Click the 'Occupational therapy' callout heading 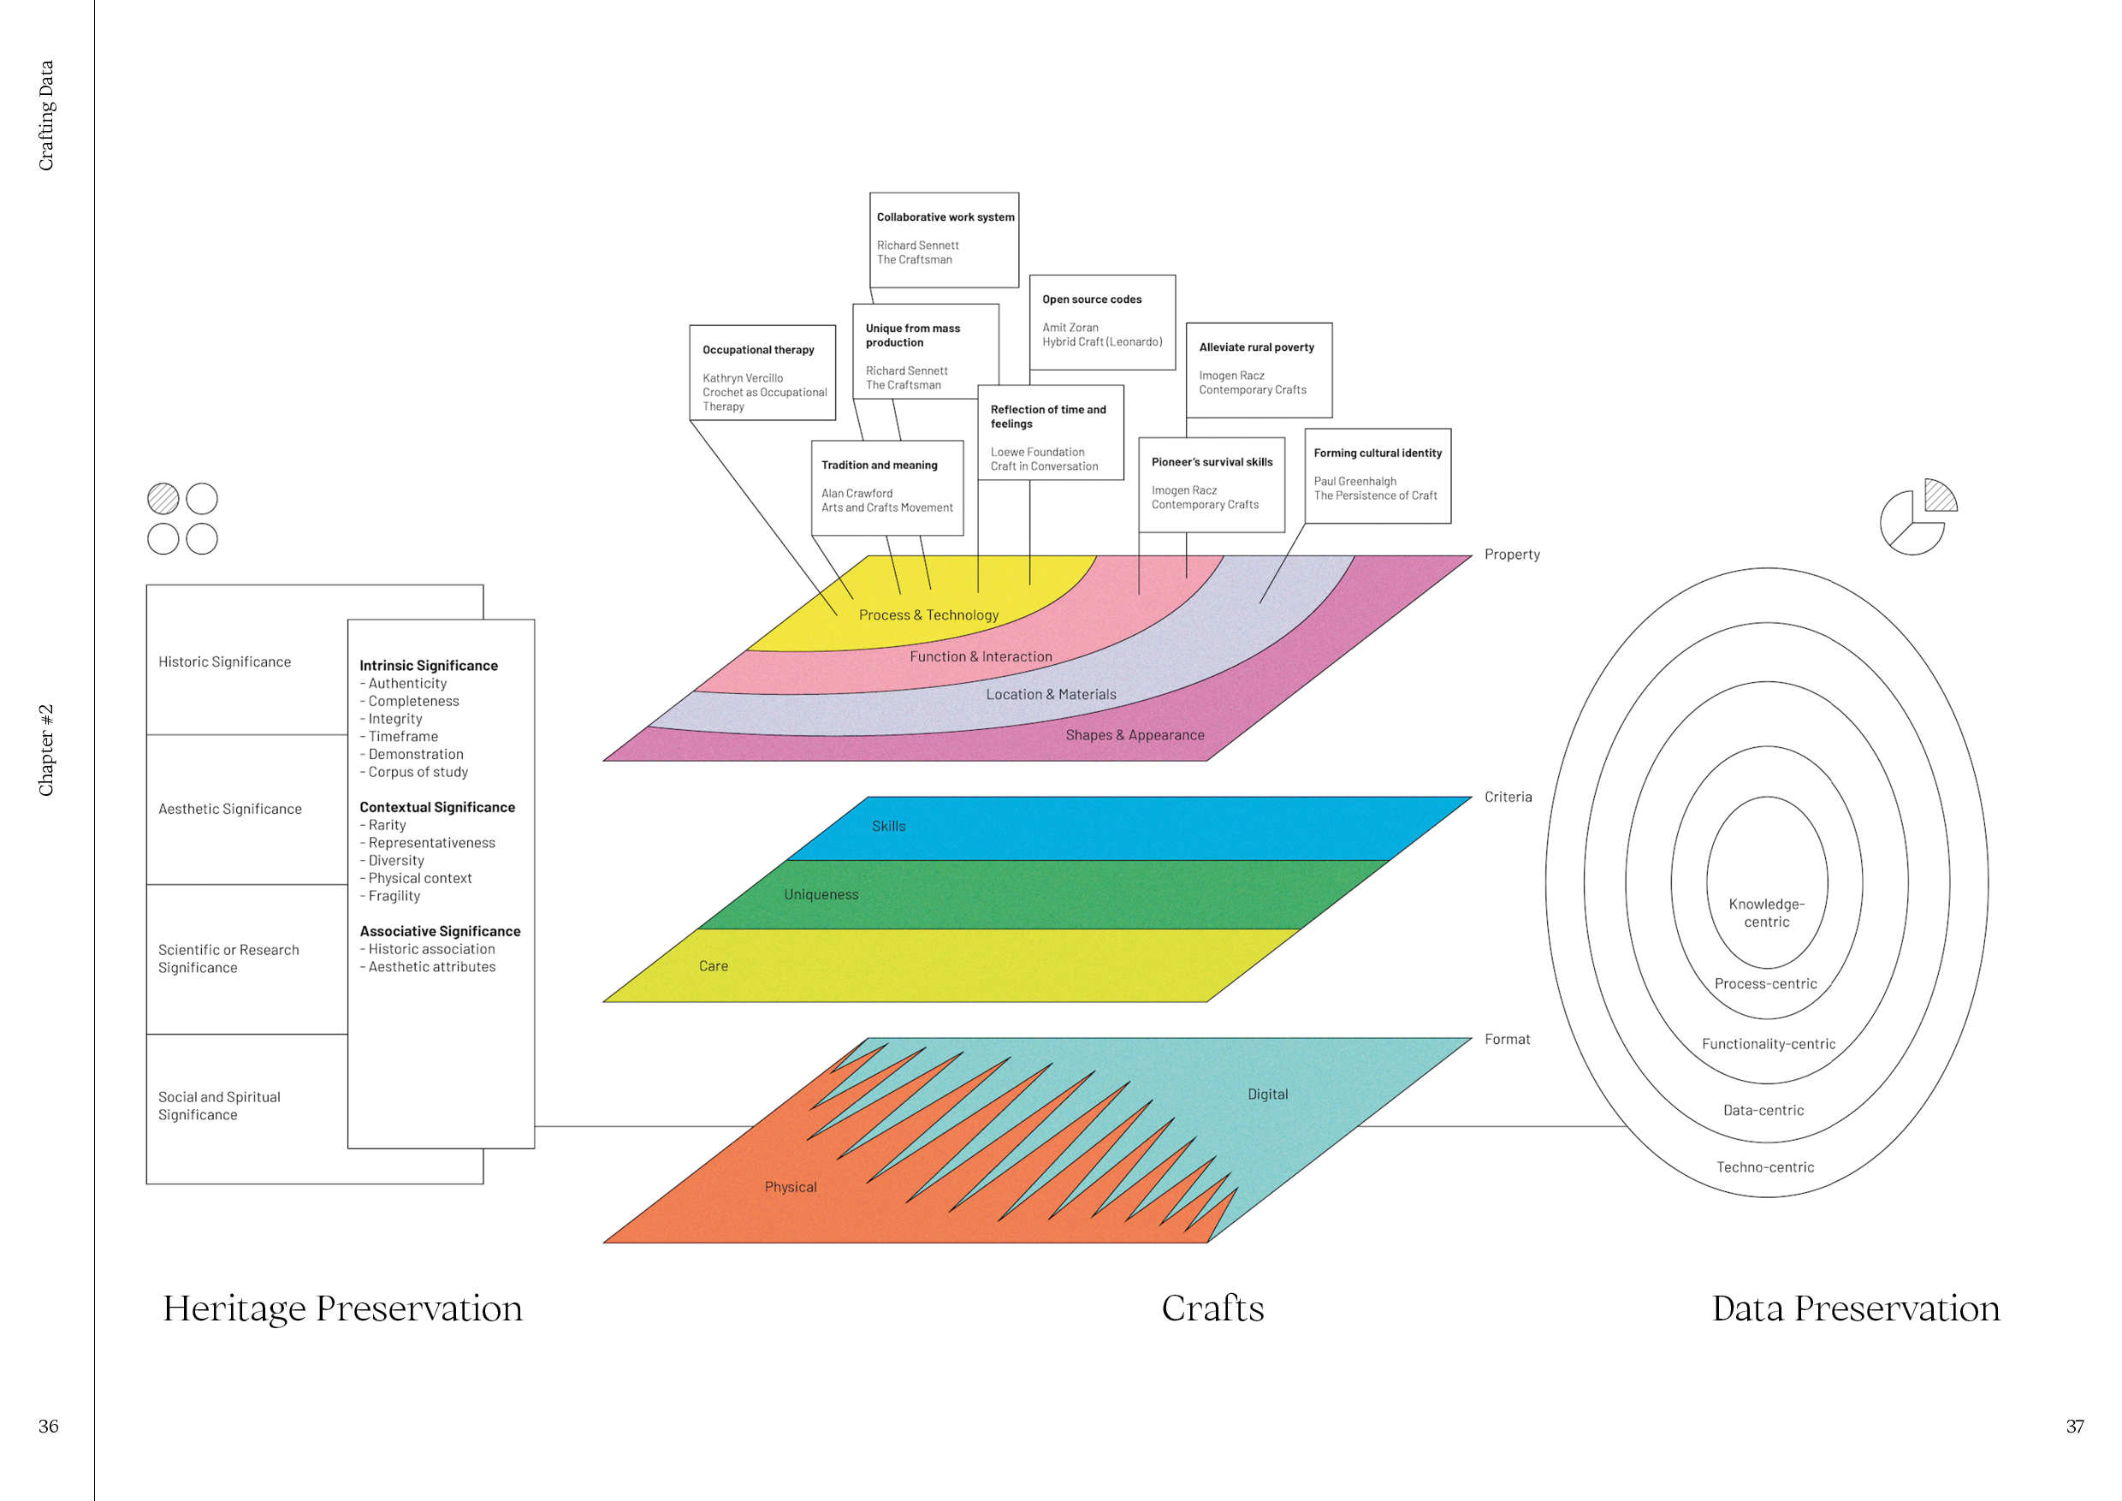click(x=758, y=349)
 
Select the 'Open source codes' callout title click(x=1092, y=300)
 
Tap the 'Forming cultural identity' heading click(x=1377, y=453)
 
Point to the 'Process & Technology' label click(x=929, y=614)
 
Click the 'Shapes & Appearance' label click(x=1135, y=735)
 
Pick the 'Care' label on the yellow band click(x=713, y=966)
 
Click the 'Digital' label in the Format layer click(x=1267, y=1095)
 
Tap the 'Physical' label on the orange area click(x=791, y=1187)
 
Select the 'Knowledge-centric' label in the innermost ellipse click(x=1766, y=913)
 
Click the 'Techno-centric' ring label click(x=1765, y=1167)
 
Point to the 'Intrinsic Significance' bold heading click(x=429, y=666)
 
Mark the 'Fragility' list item click(x=394, y=896)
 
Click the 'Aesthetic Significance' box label click(x=230, y=809)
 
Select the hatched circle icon click(x=163, y=499)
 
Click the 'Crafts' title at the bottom click(x=1212, y=1308)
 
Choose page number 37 click(x=2075, y=1427)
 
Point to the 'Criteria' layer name click(x=1508, y=797)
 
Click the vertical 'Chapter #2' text click(x=46, y=750)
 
